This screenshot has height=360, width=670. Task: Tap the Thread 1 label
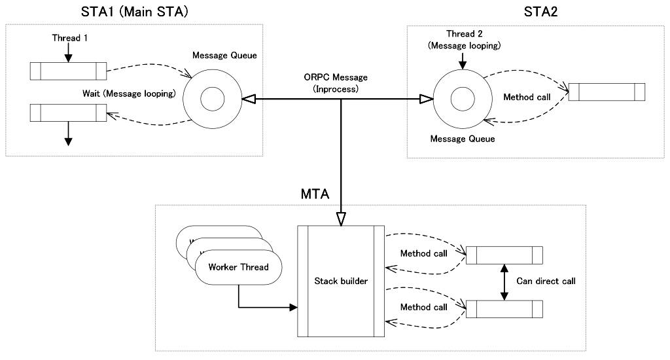[x=70, y=38]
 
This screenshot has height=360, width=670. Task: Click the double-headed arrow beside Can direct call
[x=504, y=282]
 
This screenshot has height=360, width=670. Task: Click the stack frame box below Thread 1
[x=68, y=70]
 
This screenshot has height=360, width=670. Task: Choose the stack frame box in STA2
[x=607, y=92]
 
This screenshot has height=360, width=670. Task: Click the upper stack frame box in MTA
[x=504, y=254]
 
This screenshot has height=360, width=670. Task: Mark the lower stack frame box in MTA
[x=504, y=308]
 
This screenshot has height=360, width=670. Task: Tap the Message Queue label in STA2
[x=463, y=139]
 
